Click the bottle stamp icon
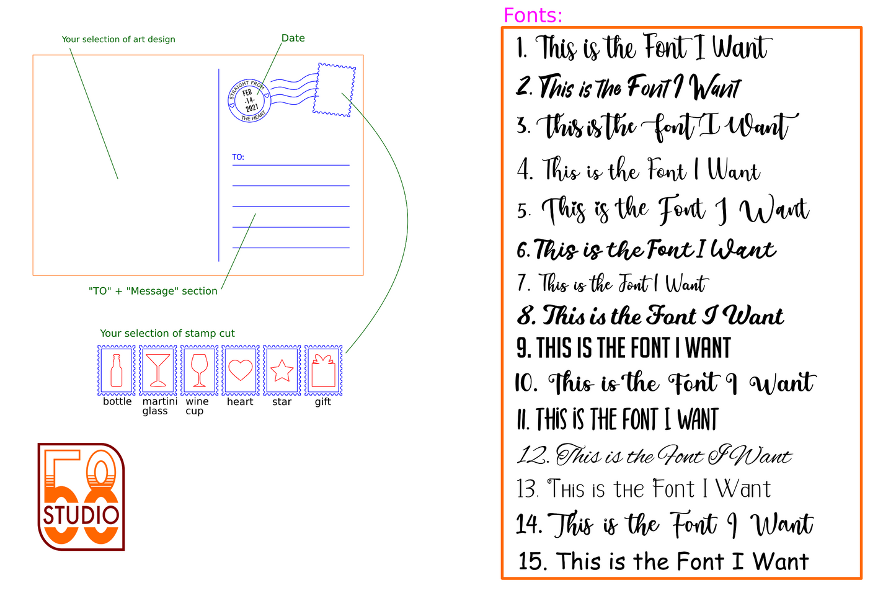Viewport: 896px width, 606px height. (x=117, y=370)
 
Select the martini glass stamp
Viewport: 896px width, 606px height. (x=158, y=370)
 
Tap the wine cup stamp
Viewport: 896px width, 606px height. (x=200, y=370)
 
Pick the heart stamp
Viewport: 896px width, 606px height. (x=241, y=370)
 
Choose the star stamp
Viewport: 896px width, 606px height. (x=282, y=370)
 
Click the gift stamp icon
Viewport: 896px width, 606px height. (x=324, y=370)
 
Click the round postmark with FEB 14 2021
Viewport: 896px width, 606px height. (x=249, y=101)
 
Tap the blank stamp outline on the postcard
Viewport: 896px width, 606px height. (x=334, y=90)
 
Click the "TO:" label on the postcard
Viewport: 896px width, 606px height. (x=238, y=157)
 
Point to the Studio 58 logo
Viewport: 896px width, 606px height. (x=81, y=497)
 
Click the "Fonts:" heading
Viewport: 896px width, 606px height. (x=533, y=16)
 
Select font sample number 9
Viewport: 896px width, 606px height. (x=624, y=347)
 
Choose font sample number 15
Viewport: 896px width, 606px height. (x=663, y=561)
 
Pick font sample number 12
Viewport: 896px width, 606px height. (x=654, y=455)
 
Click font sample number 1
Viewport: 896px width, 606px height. (x=644, y=47)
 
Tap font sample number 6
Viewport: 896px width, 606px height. (x=646, y=249)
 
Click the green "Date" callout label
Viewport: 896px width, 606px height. (x=293, y=38)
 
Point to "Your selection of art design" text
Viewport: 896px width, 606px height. (x=118, y=39)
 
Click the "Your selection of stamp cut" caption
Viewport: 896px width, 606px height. (x=167, y=333)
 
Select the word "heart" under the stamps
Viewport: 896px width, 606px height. (x=240, y=401)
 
